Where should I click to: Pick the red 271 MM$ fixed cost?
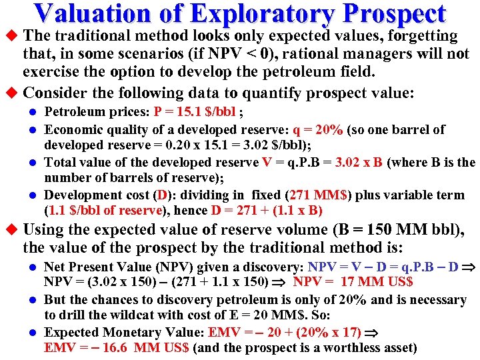[320, 195]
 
